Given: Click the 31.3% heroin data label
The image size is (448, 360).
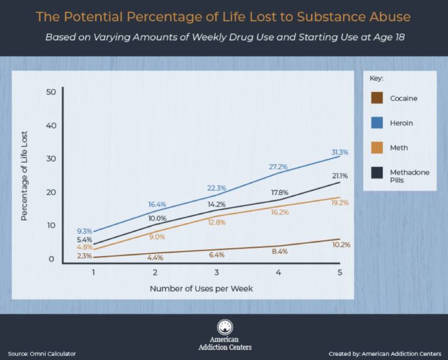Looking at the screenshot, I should [340, 152].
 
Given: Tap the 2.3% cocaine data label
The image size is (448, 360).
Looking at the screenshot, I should [84, 256].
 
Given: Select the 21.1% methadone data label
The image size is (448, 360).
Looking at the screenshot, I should [340, 176].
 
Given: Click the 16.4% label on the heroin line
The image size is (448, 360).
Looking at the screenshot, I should [158, 204].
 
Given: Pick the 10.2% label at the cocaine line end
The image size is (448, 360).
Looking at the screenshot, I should [341, 244].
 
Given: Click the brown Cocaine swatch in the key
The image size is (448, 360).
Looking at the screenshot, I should [377, 98].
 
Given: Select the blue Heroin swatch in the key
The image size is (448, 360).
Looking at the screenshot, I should [377, 123].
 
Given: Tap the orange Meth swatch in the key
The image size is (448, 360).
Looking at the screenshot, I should [377, 148].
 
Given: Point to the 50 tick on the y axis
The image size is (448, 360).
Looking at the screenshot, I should [50, 92].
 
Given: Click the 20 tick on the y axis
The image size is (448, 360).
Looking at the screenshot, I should [50, 193].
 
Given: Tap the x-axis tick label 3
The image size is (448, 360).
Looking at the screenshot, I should [216, 272].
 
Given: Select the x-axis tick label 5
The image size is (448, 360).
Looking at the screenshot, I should [340, 272].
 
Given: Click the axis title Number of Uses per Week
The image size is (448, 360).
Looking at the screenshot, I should [201, 288].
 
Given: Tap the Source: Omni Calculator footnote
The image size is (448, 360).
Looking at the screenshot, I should [42, 354].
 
